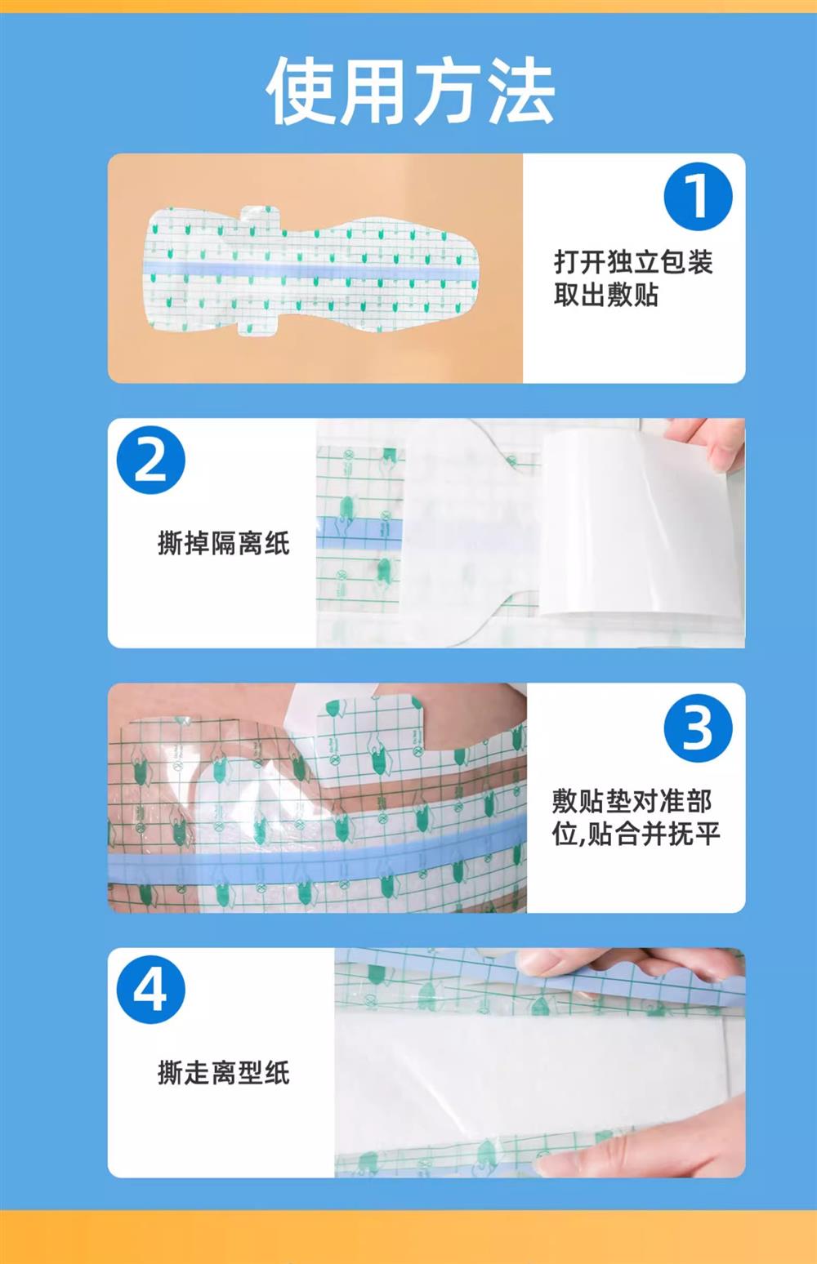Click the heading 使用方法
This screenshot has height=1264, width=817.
pos(410,91)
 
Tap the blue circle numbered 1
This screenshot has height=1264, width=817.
pos(698,196)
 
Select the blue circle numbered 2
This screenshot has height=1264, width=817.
pos(151,460)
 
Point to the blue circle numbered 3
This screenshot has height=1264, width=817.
pos(698,728)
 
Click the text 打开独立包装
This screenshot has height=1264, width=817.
pos(633,262)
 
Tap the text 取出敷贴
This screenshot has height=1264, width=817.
pos(606,295)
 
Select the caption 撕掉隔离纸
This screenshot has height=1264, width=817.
pos(224,544)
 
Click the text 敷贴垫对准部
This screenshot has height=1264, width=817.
pos(632,801)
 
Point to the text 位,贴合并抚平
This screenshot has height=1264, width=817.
pos(636,834)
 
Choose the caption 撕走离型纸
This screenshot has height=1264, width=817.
pos(224,1073)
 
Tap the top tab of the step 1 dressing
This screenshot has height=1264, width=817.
pos(261,217)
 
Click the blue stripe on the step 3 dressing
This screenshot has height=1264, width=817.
pos(317,852)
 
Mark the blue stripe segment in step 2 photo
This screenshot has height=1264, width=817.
pos(359,532)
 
